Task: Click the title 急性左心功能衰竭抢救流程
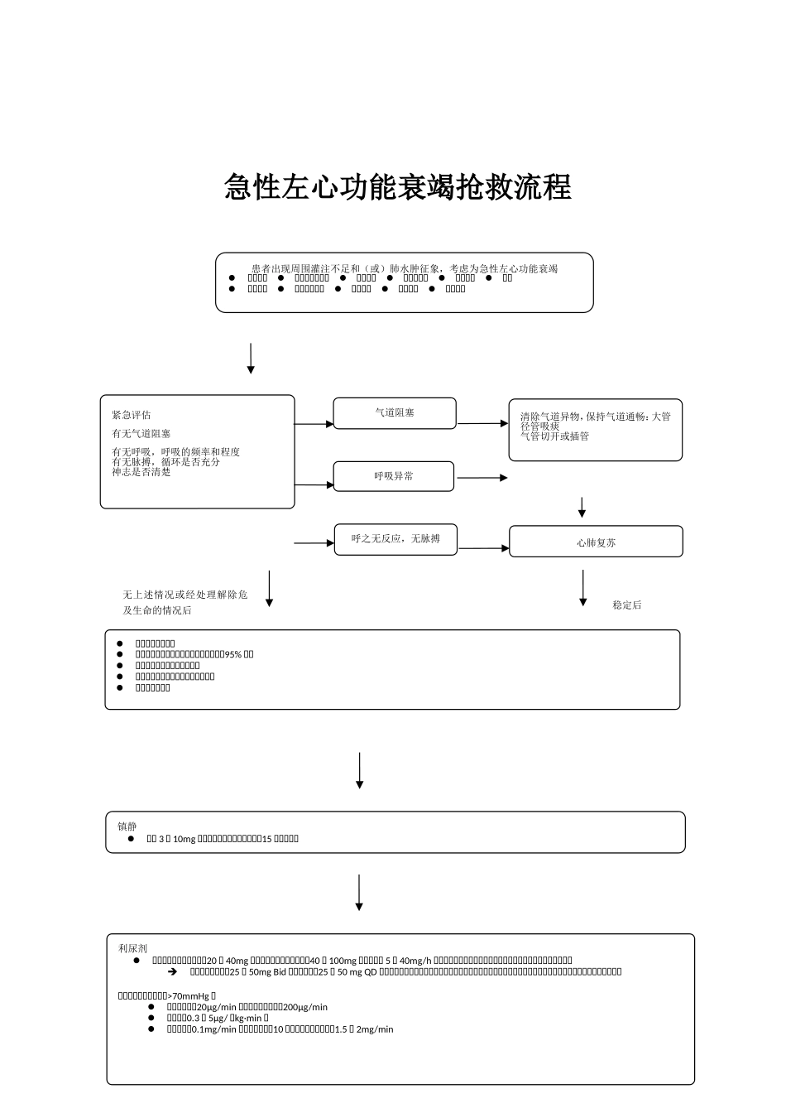pos(398,187)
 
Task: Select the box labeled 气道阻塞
pos(395,412)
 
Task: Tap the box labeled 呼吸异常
pos(394,476)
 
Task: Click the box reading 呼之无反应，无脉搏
pos(395,538)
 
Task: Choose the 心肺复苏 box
pos(596,542)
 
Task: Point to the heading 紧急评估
pos(132,415)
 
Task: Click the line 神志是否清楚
pos(141,472)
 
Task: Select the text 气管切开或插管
pos(554,436)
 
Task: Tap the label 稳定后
pos(626,605)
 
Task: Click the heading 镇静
pos(127,826)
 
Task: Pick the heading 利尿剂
pos(132,948)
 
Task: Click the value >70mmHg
pos(189,996)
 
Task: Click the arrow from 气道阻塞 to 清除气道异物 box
pos(482,423)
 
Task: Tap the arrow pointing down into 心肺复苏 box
pos(582,508)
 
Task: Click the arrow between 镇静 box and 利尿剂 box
pos(359,893)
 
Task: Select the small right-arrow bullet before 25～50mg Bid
pos(173,971)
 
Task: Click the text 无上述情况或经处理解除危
pos(185,595)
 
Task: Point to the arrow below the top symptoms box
pos(251,358)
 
